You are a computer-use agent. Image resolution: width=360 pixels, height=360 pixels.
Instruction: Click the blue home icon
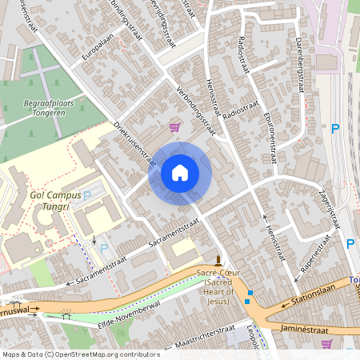coord(180,173)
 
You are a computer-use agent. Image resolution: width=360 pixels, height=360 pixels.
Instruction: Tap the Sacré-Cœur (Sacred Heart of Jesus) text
coord(218,287)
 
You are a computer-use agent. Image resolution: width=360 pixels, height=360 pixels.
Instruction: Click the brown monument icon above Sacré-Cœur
coord(218,260)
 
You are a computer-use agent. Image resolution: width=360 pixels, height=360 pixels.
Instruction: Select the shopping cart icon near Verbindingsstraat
coord(174,126)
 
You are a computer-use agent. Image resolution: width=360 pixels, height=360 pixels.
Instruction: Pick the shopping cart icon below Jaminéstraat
coord(326,344)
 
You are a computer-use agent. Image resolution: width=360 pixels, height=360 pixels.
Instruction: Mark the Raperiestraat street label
coord(318,261)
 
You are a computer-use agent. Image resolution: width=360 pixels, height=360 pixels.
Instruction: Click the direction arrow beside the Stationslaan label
coord(284,305)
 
